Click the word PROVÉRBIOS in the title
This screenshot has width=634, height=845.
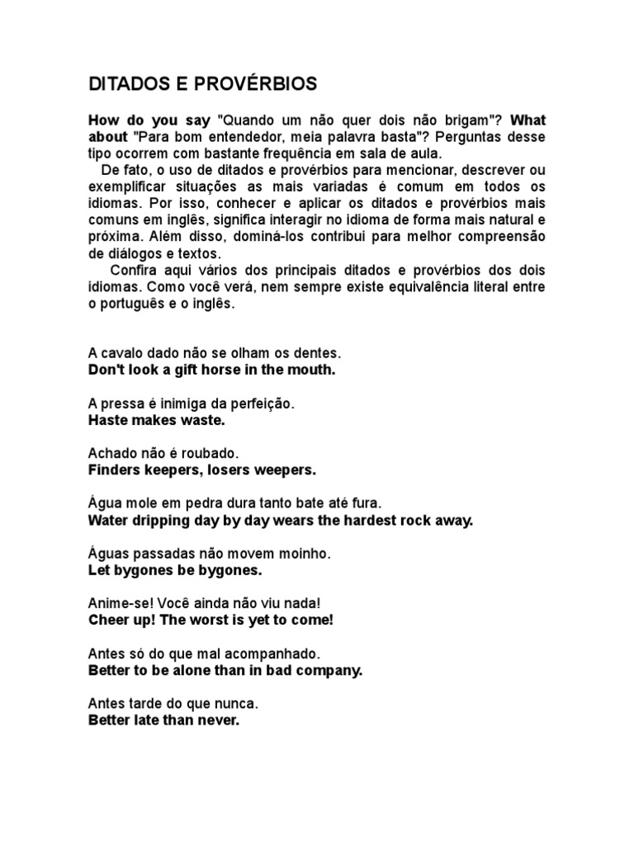tap(258, 84)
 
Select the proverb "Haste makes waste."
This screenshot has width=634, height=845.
tap(156, 421)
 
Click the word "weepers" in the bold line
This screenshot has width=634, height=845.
tap(286, 471)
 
